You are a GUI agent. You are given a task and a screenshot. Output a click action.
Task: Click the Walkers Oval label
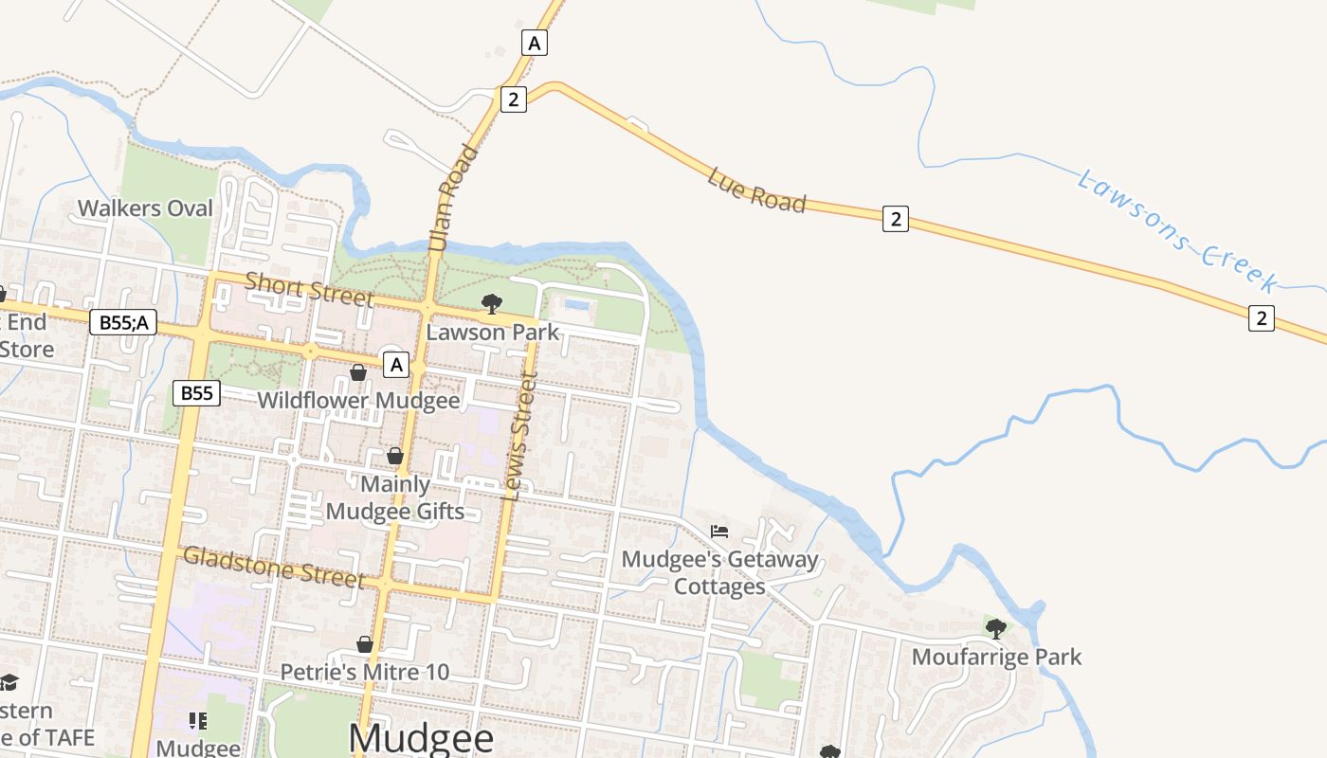tap(145, 208)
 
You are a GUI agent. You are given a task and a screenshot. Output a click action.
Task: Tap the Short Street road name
tap(309, 288)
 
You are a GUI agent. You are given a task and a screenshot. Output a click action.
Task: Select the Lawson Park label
tap(493, 333)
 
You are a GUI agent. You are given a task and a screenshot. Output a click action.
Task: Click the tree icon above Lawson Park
tap(491, 303)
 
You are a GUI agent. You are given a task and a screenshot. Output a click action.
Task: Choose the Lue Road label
tap(756, 190)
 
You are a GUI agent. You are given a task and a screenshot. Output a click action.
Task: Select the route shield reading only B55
tap(196, 392)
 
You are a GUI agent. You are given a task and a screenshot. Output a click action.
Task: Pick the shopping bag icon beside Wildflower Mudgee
tap(358, 372)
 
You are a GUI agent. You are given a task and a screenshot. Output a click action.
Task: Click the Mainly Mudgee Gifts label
tap(395, 497)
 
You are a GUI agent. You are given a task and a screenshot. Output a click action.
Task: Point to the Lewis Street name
tap(521, 436)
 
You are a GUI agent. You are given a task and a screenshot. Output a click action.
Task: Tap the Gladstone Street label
tap(273, 567)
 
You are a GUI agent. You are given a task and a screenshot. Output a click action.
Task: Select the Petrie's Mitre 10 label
tap(365, 672)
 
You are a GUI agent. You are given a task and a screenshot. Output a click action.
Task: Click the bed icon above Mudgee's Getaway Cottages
tap(719, 532)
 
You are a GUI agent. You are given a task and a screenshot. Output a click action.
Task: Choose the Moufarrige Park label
tap(996, 657)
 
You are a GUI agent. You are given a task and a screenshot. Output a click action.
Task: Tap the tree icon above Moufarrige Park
tap(995, 628)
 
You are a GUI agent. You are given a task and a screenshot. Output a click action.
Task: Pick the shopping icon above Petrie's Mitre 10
tap(365, 644)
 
